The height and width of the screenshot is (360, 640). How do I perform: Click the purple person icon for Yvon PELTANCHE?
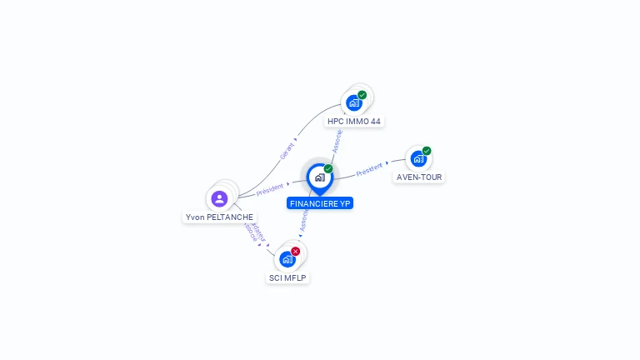pos(219,198)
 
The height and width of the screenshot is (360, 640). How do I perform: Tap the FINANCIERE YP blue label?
pos(320,203)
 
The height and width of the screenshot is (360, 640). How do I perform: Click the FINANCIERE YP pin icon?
pos(319,177)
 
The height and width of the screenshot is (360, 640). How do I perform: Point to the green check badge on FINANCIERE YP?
pos(328,168)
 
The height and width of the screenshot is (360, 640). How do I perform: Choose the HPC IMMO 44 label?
pos(354,121)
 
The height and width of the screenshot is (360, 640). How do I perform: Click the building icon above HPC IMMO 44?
pos(354,102)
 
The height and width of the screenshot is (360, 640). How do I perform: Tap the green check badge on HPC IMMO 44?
pos(362,94)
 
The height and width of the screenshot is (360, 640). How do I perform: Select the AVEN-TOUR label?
pos(419,177)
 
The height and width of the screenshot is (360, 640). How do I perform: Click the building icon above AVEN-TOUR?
pos(418,158)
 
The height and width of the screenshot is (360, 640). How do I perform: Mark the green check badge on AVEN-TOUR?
pos(427,151)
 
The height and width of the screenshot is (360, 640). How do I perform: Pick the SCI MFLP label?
pos(288,277)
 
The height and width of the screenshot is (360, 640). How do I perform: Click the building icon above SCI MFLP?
pos(287,259)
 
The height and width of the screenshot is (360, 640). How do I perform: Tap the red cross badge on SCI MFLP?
pos(296,251)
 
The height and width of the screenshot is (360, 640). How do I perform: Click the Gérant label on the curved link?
pos(287,149)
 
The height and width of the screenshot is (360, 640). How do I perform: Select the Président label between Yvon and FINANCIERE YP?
pos(270,188)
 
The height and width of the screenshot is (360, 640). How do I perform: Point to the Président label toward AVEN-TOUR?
pos(369,168)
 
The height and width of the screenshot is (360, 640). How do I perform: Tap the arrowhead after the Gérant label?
pos(296,139)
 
